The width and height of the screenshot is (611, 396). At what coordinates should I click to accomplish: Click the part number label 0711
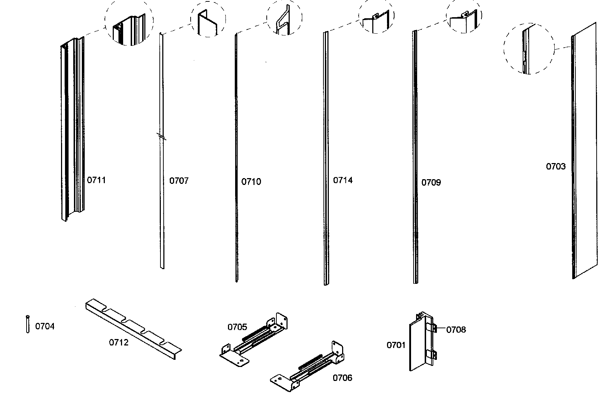coord(96,180)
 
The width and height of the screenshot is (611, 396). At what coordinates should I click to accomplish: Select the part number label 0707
coord(179,181)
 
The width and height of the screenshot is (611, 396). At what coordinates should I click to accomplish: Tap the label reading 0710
coord(251,182)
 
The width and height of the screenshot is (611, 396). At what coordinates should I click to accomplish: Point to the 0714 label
coord(343,180)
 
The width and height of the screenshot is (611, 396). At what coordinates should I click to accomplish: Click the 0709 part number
coord(431,182)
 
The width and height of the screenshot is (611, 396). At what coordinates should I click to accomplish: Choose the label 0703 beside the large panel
coord(555,166)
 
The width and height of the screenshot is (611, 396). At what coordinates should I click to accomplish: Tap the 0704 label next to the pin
coord(45,326)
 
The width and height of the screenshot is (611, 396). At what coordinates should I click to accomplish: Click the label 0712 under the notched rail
coord(118,343)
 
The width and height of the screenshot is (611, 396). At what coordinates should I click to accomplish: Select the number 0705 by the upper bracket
coord(237,327)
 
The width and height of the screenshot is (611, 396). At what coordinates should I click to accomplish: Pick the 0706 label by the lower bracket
coord(342,378)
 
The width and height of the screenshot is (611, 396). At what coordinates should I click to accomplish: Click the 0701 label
coord(396,345)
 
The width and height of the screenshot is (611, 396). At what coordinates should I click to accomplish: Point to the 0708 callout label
coord(456,330)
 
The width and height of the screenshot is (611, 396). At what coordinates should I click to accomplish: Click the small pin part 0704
coord(28,324)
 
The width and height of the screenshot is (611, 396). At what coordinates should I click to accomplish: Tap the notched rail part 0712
coord(133,328)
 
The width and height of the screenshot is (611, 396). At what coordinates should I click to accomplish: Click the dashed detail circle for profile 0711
coord(129,23)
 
